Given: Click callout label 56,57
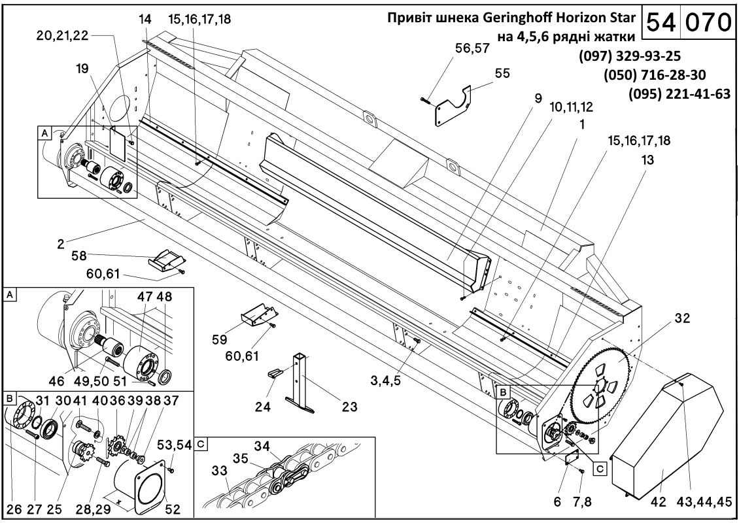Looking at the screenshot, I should pyautogui.click(x=472, y=48).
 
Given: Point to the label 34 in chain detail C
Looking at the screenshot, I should pyautogui.click(x=262, y=446).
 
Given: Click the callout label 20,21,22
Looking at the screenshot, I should pyautogui.click(x=62, y=36).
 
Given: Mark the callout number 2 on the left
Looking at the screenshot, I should pyautogui.click(x=60, y=245).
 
